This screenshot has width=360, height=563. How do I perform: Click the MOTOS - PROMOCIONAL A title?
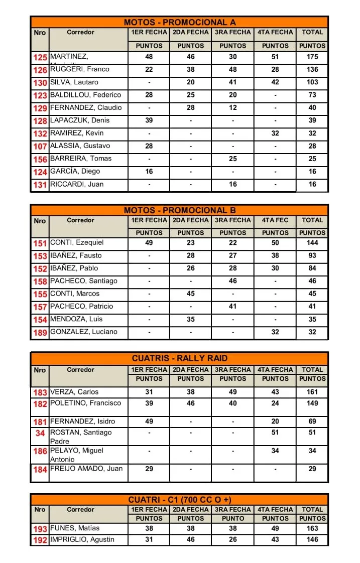click(x=179, y=22)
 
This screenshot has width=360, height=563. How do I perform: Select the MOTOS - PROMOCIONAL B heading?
click(x=179, y=210)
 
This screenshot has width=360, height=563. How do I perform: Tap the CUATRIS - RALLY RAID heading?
click(x=179, y=358)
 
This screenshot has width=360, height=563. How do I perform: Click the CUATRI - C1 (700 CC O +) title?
click(x=179, y=500)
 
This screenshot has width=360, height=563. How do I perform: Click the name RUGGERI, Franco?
click(x=80, y=69)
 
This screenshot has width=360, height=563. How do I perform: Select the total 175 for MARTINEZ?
click(x=312, y=57)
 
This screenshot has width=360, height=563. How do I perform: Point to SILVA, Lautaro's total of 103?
click(x=312, y=82)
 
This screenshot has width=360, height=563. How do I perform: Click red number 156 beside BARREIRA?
click(x=40, y=159)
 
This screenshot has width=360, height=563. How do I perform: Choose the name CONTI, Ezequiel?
click(x=77, y=243)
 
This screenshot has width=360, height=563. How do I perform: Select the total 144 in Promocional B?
click(x=312, y=243)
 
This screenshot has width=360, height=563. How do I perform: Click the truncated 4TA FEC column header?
click(x=275, y=220)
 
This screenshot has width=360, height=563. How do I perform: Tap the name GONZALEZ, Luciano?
click(x=84, y=332)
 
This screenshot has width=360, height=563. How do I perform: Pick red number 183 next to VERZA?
click(x=40, y=393)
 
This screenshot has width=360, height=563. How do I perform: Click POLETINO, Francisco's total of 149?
click(x=312, y=403)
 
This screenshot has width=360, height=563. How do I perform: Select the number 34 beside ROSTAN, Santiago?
click(x=40, y=433)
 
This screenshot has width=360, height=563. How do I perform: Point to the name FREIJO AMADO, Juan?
click(x=86, y=469)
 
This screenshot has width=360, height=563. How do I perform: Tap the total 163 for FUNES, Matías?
click(x=312, y=528)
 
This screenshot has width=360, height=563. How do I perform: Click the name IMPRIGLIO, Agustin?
click(x=82, y=540)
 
